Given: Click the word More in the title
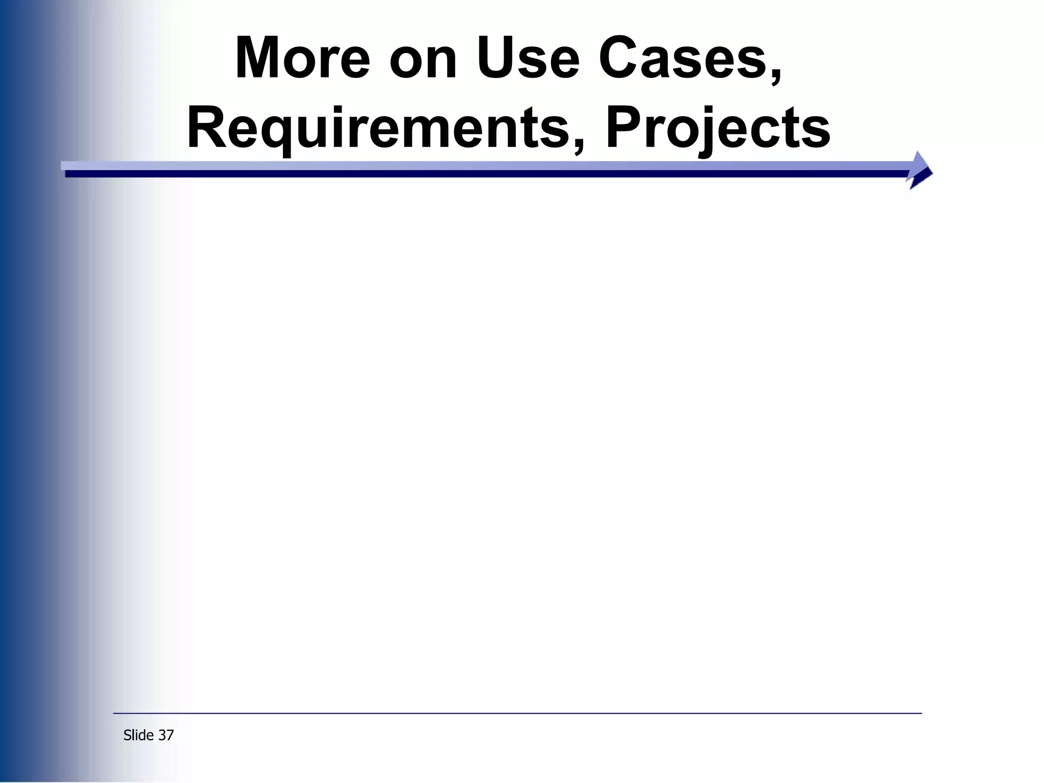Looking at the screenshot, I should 302,59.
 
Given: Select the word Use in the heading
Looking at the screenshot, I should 528,59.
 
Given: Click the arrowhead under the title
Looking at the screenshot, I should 921,170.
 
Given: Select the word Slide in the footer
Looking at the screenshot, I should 139,735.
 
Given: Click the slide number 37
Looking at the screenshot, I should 166,735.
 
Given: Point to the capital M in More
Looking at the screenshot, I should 259,59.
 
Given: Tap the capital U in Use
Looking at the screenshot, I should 498,59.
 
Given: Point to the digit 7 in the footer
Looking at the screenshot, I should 170,735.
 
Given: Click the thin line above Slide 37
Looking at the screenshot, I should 517,713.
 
